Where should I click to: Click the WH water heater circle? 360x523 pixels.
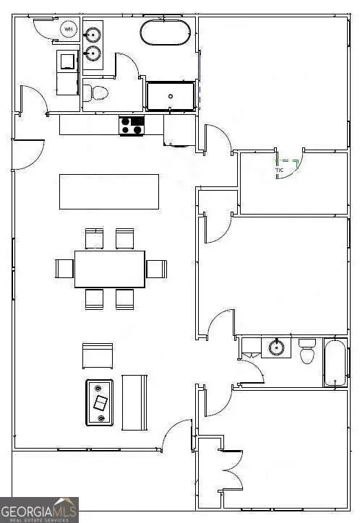point(69,30)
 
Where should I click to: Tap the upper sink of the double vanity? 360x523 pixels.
point(93,35)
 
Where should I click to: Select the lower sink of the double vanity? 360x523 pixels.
point(93,53)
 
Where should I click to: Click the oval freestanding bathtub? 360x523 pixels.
point(166,33)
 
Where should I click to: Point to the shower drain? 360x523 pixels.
point(171,95)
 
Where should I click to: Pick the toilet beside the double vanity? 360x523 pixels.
point(96,92)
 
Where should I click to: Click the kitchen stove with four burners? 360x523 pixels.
point(132,126)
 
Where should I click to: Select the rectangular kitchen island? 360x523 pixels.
point(109,191)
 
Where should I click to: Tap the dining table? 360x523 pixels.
point(109,269)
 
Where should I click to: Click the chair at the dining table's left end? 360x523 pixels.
point(64,269)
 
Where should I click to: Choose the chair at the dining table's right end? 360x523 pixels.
point(156,269)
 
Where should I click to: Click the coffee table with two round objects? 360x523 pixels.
point(100,402)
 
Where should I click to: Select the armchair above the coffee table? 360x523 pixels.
point(98,355)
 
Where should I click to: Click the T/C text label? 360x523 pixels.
point(279,171)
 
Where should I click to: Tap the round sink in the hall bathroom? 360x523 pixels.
point(275,347)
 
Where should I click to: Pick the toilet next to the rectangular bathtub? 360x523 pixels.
point(307,351)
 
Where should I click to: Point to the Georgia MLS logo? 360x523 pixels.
point(39,509)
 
